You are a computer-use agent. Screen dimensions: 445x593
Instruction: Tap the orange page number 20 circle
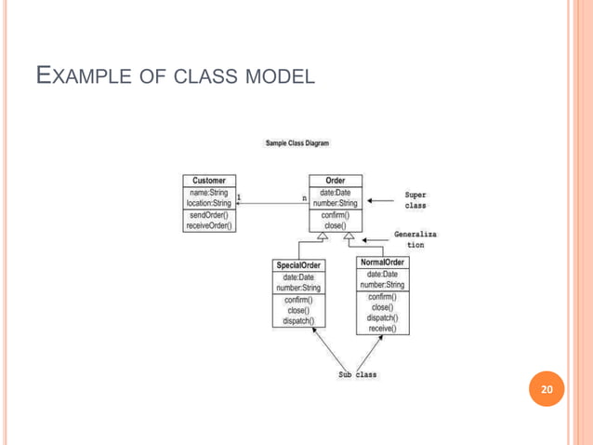point(547,389)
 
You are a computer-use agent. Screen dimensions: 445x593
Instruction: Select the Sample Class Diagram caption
point(297,143)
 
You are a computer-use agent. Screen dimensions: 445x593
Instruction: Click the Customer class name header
point(209,181)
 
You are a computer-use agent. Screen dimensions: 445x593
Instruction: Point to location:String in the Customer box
point(209,203)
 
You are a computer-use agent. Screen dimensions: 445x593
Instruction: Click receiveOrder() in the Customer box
point(209,225)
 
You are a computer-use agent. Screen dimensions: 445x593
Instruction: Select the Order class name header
point(335,181)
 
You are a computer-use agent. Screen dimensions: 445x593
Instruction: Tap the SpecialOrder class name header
point(298,265)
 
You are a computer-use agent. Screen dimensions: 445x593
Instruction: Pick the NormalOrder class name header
point(383,263)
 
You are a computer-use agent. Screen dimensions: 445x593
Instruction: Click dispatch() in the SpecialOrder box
point(298,321)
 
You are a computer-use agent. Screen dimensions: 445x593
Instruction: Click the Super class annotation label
point(415,201)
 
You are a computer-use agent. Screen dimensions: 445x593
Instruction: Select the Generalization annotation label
point(415,240)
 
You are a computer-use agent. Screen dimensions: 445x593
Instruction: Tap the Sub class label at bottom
point(357,374)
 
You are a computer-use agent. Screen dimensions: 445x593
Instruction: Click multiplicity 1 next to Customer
point(239,197)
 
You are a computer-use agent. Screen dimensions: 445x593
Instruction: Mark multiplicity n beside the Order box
point(304,197)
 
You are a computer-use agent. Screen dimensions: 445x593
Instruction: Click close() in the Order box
point(335,225)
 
